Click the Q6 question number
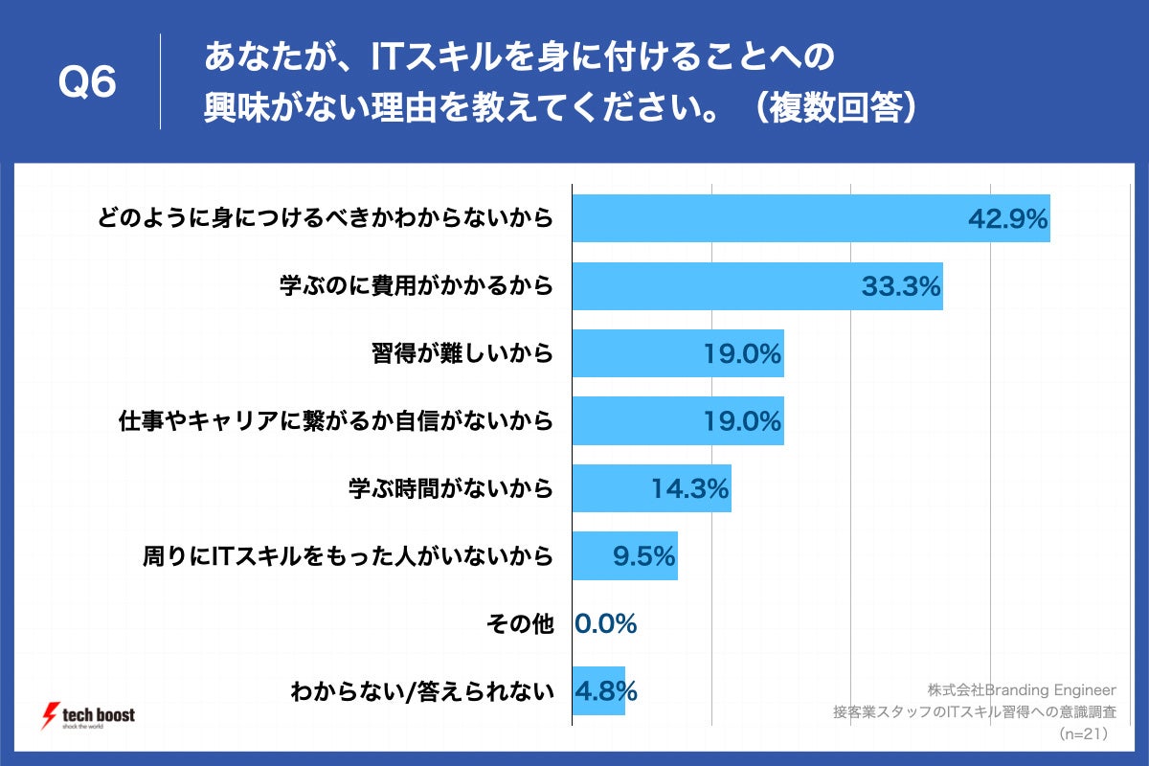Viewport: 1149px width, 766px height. (87, 82)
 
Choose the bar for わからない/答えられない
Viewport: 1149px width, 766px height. (598, 690)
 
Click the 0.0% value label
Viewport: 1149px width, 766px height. (606, 623)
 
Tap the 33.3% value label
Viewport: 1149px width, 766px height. (901, 285)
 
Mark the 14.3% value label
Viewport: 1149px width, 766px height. (690, 488)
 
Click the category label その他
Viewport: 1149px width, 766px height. (520, 624)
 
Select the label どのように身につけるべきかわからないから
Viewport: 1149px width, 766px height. (325, 219)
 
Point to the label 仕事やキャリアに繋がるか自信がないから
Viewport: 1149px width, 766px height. (336, 421)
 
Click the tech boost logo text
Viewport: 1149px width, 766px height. (99, 715)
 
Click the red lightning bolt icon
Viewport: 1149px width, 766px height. (50, 716)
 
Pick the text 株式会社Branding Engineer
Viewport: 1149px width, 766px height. (1022, 689)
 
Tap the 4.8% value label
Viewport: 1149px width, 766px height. (606, 690)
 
